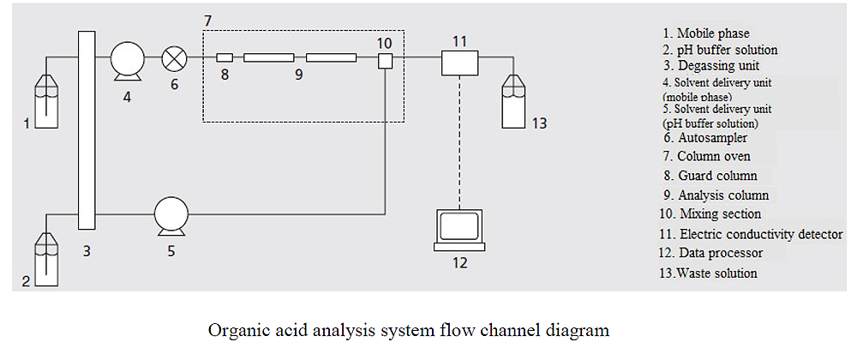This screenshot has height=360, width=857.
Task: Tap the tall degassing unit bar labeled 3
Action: (86, 129)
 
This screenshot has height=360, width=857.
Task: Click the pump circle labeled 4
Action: (127, 61)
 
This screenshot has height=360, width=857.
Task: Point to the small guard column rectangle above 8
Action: (225, 58)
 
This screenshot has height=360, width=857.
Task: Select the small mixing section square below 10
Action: (385, 61)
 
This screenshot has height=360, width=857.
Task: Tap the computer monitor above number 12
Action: (459, 228)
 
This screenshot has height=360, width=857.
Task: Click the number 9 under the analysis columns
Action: (298, 75)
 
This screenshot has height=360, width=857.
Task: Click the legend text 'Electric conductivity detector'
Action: (761, 233)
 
